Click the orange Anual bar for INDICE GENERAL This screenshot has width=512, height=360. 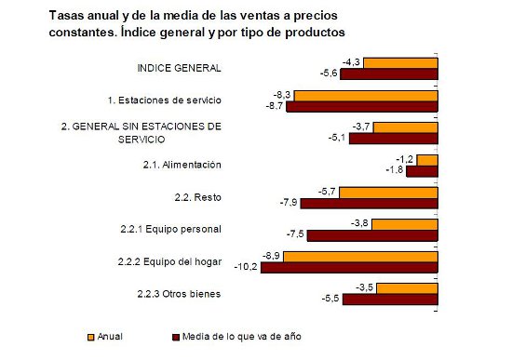click(399, 62)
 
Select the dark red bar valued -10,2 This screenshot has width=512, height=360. click(349, 267)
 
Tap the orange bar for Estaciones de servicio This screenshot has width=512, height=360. click(367, 95)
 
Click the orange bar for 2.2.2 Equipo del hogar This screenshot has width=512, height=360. click(360, 255)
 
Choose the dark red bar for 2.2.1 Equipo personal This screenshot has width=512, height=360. click(372, 235)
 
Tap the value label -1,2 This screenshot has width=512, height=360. click(404, 159)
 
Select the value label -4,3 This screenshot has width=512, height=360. click(351, 61)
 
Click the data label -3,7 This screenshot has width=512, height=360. click(363, 127)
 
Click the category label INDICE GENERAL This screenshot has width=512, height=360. click(179, 68)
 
